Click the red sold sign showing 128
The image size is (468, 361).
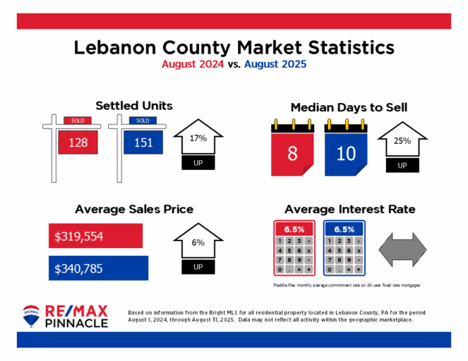click(x=78, y=142)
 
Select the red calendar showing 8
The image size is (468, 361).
click(x=292, y=152)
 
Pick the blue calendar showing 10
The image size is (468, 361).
click(x=346, y=152)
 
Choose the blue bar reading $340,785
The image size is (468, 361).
click(x=98, y=268)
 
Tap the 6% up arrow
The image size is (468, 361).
click(x=198, y=250)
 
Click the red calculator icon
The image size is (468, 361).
click(x=294, y=249)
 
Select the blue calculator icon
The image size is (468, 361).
click(x=344, y=249)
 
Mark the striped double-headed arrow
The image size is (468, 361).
click(x=403, y=250)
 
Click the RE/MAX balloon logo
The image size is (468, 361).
click(x=31, y=317)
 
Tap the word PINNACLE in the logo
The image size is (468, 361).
click(x=77, y=323)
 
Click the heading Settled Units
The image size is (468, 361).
click(x=134, y=106)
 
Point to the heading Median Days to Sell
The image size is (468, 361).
click(x=349, y=108)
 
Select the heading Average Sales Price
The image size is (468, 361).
click(x=134, y=209)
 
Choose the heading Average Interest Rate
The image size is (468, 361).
click(x=349, y=209)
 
